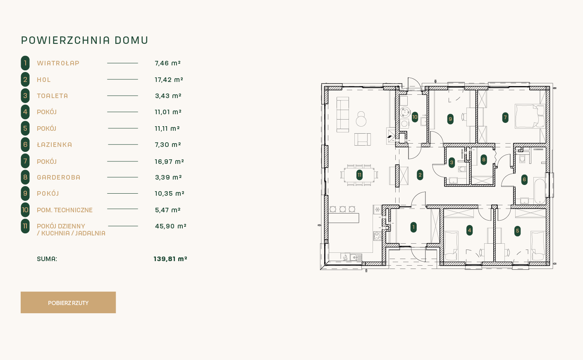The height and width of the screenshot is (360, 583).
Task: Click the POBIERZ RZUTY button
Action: [68, 302]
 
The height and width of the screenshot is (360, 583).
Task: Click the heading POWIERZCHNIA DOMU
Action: [85, 41]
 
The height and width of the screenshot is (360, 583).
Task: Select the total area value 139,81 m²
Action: [170, 259]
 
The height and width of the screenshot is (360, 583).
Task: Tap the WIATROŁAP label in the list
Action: [58, 63]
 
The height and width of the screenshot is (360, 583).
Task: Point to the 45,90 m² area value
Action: [171, 226]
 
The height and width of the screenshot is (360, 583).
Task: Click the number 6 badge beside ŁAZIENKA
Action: [25, 144]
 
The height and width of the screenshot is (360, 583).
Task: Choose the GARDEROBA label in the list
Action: [59, 178]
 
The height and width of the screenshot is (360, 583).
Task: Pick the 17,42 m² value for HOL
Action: [169, 80]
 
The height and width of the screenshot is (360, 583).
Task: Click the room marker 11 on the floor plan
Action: [359, 175]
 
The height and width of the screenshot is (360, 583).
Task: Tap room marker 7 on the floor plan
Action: [505, 118]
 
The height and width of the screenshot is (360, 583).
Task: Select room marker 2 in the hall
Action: [420, 175]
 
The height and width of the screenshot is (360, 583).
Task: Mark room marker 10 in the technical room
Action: [415, 117]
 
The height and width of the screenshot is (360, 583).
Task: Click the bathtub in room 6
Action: [539, 191]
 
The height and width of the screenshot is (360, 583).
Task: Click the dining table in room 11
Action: [359, 175]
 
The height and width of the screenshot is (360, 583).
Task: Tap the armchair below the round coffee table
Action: [363, 139]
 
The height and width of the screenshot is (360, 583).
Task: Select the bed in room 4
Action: [451, 246]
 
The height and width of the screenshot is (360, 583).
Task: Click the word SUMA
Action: [47, 259]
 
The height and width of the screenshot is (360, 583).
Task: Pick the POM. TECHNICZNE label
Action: [65, 210]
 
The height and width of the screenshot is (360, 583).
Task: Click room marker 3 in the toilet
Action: [452, 163]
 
